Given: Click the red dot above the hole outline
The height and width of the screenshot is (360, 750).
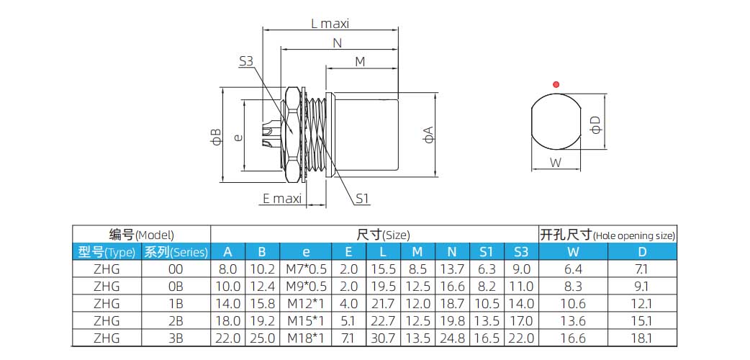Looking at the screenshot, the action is pyautogui.click(x=556, y=85).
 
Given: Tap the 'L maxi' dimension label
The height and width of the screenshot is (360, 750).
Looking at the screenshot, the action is pyautogui.click(x=330, y=24).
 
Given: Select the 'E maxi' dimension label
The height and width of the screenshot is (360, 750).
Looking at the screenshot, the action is pyautogui.click(x=282, y=198).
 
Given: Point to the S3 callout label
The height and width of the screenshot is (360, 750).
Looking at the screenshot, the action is pyautogui.click(x=246, y=61).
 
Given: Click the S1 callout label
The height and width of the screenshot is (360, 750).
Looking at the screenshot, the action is pyautogui.click(x=363, y=198).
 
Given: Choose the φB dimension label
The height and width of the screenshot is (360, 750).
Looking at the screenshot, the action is pyautogui.click(x=216, y=136).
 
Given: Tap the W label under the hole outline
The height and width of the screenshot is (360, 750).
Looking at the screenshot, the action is pyautogui.click(x=556, y=163).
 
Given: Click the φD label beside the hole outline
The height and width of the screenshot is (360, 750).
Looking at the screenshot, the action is pyautogui.click(x=595, y=125).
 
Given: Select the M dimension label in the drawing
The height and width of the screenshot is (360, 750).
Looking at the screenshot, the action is pyautogui.click(x=360, y=62).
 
